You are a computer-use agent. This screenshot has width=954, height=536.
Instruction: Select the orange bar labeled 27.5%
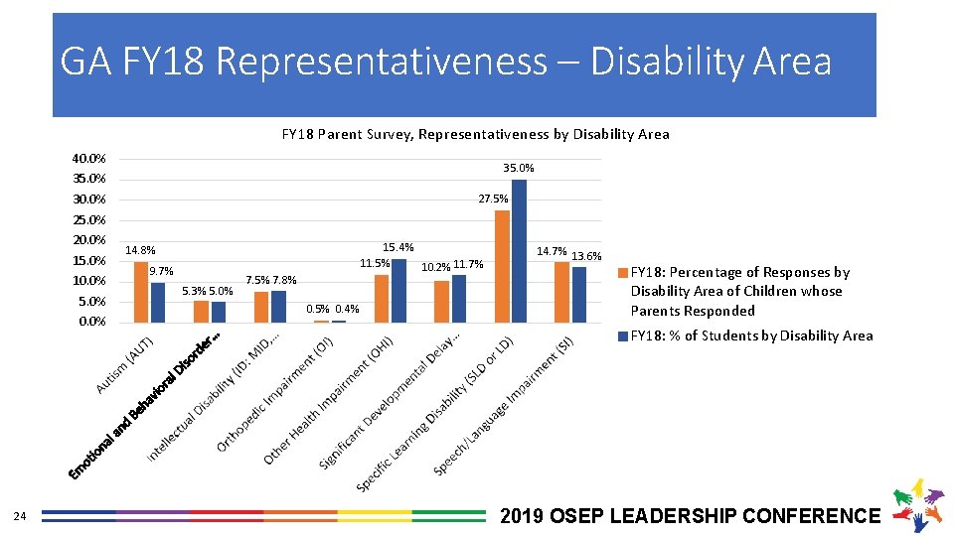[502, 266]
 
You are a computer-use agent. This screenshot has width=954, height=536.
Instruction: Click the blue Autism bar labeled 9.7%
[158, 302]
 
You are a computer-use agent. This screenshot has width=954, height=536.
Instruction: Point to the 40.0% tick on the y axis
[89, 159]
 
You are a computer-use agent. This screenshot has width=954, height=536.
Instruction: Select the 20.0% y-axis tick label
[89, 240]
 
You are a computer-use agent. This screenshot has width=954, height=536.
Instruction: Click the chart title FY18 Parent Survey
[475, 134]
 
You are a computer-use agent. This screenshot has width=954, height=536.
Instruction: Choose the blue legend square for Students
[624, 336]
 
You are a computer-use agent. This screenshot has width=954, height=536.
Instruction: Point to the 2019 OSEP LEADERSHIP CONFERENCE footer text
[691, 516]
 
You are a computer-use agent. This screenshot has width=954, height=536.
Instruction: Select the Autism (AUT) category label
[123, 364]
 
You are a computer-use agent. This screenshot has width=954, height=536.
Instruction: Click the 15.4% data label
[398, 247]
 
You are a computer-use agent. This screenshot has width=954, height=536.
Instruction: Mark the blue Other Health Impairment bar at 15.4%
[398, 290]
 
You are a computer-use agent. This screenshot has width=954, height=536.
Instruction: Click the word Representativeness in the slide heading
[380, 62]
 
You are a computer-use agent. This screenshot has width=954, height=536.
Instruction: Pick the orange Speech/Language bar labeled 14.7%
[561, 292]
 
